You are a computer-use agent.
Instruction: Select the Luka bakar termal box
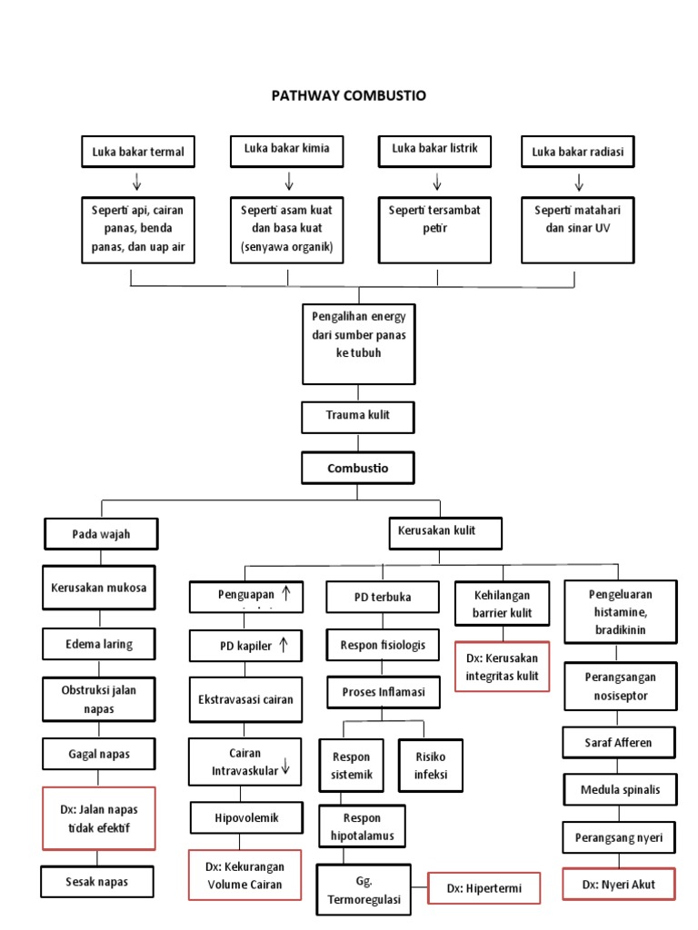click(137, 152)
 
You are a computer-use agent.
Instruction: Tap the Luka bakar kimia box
click(286, 149)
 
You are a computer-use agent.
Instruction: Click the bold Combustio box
click(357, 469)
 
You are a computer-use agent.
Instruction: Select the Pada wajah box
click(101, 534)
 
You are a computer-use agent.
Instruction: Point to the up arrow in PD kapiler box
click(284, 645)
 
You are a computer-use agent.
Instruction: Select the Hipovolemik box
click(245, 817)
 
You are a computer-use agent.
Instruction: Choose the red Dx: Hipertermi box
click(484, 888)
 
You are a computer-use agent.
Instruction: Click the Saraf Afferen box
click(618, 742)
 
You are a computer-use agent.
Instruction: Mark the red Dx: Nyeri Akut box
click(618, 883)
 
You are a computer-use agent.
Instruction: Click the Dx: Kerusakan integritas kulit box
click(502, 667)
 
